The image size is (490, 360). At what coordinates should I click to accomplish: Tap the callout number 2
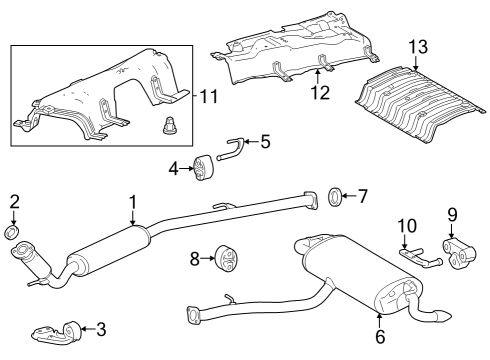pos(14,203)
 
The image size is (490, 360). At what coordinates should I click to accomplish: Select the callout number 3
pos(101,327)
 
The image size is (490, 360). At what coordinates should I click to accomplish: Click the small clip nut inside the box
pos(168,126)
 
